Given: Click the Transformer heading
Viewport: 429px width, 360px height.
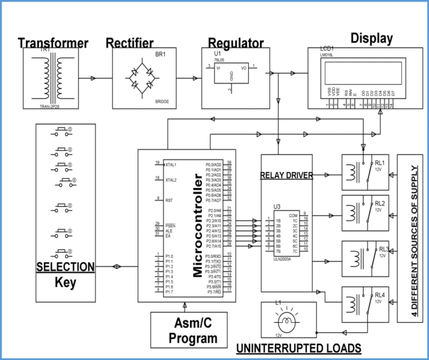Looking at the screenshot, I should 53,43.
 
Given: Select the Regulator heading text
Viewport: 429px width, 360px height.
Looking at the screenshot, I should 235,43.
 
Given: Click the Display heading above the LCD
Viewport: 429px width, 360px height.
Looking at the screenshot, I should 372,38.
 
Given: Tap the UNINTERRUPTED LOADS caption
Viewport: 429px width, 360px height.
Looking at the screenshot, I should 299,349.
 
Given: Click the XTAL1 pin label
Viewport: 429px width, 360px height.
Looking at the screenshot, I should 170,165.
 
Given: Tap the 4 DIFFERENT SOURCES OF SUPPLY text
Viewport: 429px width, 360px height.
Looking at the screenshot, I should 414,237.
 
